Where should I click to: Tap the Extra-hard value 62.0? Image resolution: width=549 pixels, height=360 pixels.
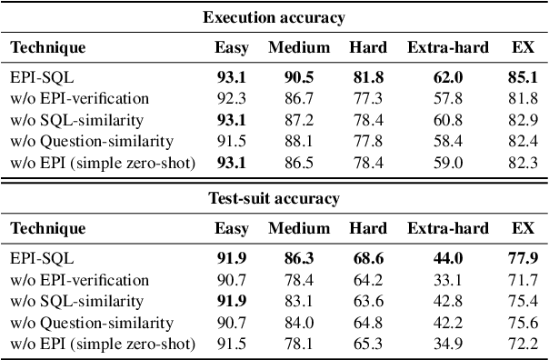pyautogui.click(x=447, y=78)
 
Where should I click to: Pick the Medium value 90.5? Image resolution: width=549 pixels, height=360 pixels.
pyautogui.click(x=299, y=78)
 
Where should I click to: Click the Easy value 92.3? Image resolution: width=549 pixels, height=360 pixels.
pyautogui.click(x=231, y=98)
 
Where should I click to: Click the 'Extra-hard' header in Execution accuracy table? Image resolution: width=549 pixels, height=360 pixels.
pyautogui.click(x=447, y=46)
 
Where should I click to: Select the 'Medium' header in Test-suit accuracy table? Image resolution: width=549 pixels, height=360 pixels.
pyautogui.click(x=299, y=229)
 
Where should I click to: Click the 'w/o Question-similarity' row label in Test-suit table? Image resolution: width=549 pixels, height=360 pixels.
pyautogui.click(x=92, y=323)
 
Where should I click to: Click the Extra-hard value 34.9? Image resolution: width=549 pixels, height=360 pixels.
pyautogui.click(x=447, y=344)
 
